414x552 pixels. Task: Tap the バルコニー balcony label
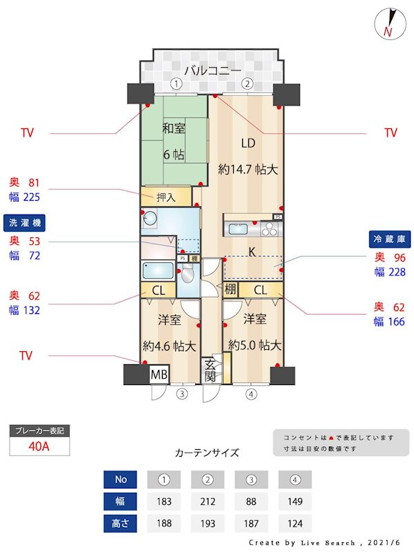[x=213, y=70]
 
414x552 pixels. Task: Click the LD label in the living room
[x=248, y=144]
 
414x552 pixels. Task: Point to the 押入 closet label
[x=166, y=197]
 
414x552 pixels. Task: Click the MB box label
[x=159, y=375]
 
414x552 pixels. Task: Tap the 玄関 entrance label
[x=210, y=371]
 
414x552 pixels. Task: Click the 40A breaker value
[x=39, y=446]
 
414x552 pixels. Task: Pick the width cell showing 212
[x=206, y=502]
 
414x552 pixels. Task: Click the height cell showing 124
[x=295, y=524]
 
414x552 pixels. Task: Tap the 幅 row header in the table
[x=121, y=502]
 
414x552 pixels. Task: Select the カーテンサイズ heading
[x=207, y=453]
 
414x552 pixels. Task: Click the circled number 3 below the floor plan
[x=181, y=395]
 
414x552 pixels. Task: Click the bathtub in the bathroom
[x=157, y=270]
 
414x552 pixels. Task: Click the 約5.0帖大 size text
[x=255, y=345]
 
